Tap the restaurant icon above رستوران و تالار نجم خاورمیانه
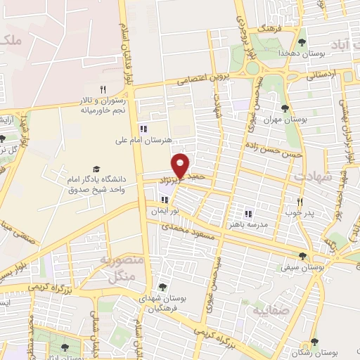pyautogui.click(x=103, y=89)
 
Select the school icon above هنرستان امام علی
pyautogui.click(x=143, y=129)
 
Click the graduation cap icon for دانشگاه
pyautogui.click(x=96, y=169)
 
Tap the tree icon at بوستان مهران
pyautogui.click(x=285, y=108)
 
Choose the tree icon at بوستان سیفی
pyautogui.click(x=302, y=257)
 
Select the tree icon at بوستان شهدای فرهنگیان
pyautogui.click(x=162, y=287)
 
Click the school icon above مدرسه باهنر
pyautogui.click(x=247, y=213)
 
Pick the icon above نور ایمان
pyautogui.click(x=165, y=200)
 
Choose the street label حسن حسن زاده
pyautogui.click(x=280, y=151)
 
